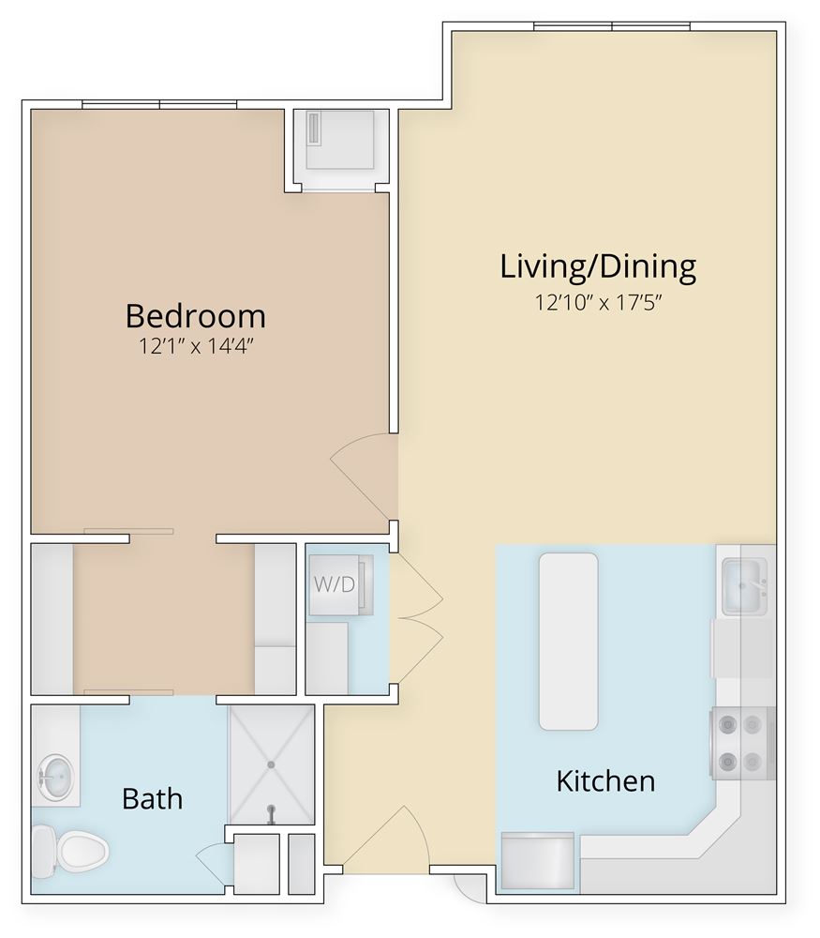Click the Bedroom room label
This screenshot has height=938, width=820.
[x=196, y=314]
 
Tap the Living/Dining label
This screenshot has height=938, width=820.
[x=598, y=267]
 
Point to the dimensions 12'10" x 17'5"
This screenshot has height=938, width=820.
[x=598, y=303]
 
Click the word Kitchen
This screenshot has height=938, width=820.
[x=605, y=780]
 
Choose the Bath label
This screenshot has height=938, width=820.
[x=153, y=799]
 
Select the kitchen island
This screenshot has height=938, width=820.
[x=568, y=642]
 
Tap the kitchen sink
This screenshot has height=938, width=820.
[x=744, y=586]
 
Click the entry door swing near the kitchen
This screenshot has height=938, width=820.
[x=384, y=840]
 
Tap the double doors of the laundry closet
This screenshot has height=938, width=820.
[x=414, y=619]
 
